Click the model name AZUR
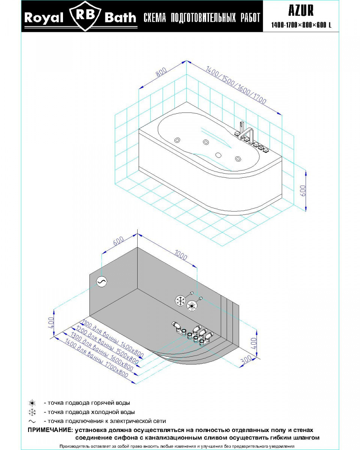[301, 11]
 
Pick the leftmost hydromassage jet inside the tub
[176, 140]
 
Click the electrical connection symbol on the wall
[101, 282]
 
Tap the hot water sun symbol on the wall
[192, 305]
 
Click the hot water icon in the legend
[32, 403]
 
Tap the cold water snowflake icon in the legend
[32, 412]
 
